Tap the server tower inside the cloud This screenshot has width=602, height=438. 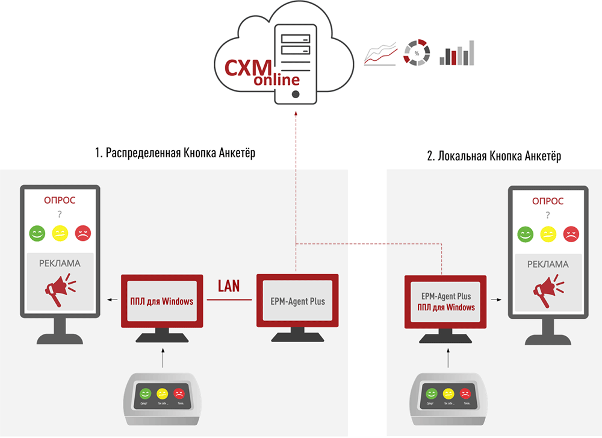pyautogui.click(x=296, y=60)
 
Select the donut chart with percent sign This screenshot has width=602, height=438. pyautogui.click(x=416, y=54)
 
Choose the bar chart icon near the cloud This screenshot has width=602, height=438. pyautogui.click(x=456, y=53)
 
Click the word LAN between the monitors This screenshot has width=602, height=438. pyautogui.click(x=229, y=286)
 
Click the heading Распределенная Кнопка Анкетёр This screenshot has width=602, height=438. pyautogui.click(x=175, y=153)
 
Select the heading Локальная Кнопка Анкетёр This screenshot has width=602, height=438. pyautogui.click(x=494, y=157)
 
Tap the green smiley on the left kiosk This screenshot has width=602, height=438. pyautogui.click(x=37, y=233)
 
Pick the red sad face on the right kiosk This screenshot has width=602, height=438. pyautogui.click(x=571, y=233)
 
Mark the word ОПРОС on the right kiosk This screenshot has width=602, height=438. pyautogui.click(x=548, y=201)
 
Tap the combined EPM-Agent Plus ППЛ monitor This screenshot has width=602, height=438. pyautogui.click(x=446, y=302)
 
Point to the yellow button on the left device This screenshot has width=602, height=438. pyautogui.click(x=163, y=393)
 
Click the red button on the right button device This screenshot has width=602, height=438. pyautogui.click(x=465, y=393)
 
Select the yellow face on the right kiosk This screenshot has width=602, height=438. pyautogui.click(x=548, y=233)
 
